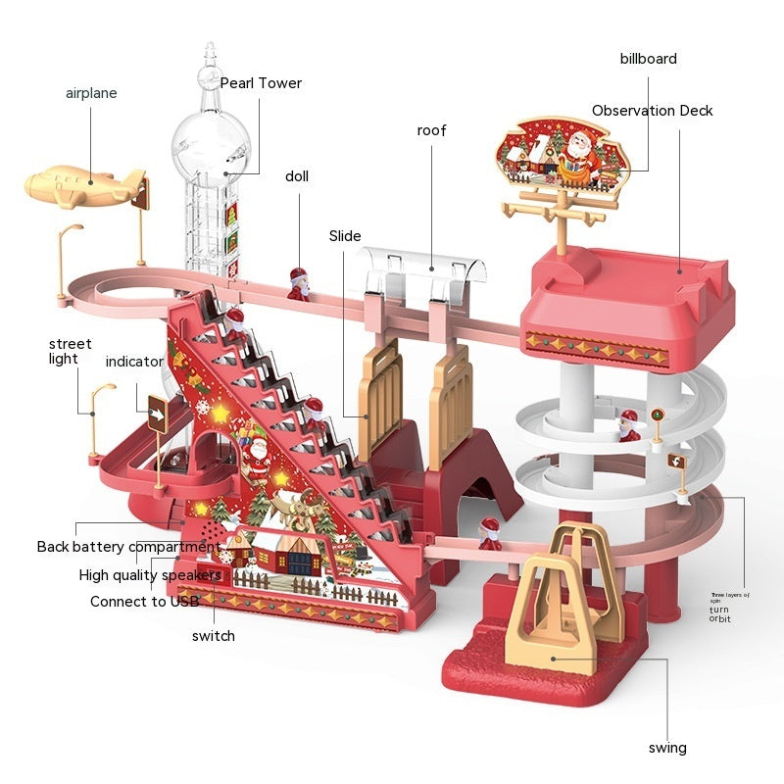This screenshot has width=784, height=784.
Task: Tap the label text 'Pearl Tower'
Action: pyautogui.click(x=261, y=83)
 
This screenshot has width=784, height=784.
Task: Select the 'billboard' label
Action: pyautogui.click(x=648, y=59)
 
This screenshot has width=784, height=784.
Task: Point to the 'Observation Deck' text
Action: pyautogui.click(x=652, y=111)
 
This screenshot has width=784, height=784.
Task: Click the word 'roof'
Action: pyautogui.click(x=431, y=130)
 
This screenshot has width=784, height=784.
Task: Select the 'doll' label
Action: pyautogui.click(x=297, y=176)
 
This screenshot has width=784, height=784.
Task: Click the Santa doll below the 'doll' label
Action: pyautogui.click(x=298, y=283)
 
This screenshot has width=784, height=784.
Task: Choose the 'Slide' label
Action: pyautogui.click(x=345, y=236)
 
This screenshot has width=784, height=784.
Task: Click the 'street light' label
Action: pyautogui.click(x=71, y=351)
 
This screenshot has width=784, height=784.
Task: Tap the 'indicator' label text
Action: pyautogui.click(x=134, y=362)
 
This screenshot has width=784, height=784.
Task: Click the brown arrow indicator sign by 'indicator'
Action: pyautogui.click(x=157, y=414)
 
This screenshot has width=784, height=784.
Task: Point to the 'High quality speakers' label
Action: pyautogui.click(x=150, y=575)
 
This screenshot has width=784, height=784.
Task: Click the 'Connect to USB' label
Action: pyautogui.click(x=144, y=602)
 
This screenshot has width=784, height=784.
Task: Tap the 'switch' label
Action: pyautogui.click(x=214, y=636)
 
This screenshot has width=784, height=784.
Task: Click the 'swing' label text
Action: pyautogui.click(x=667, y=748)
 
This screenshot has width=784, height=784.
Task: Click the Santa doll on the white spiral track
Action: pyautogui.click(x=628, y=423)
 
